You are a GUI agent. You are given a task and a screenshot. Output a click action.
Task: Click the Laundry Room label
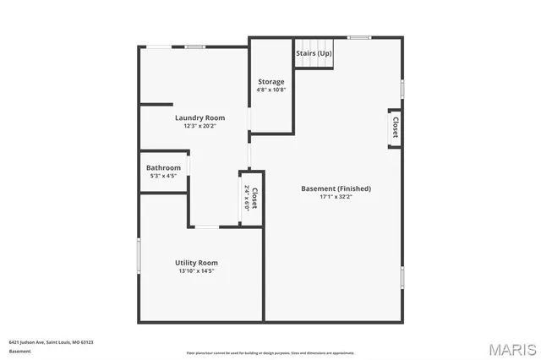[x=199, y=117]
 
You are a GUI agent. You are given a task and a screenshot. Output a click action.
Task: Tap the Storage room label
[x=271, y=82]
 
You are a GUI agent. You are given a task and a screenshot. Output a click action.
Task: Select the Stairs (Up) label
[x=314, y=52]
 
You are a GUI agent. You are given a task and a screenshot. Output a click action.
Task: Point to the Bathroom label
[x=163, y=167]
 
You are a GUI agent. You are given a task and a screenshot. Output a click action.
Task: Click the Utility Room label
[x=196, y=263]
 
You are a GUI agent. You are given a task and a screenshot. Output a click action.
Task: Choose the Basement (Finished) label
[x=336, y=188]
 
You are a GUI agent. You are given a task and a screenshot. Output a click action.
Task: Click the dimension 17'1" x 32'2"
[x=336, y=197]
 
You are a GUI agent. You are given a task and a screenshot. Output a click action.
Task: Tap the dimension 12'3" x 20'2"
[x=199, y=126]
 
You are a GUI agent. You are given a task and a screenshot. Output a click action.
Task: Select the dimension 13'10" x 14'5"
[x=196, y=271]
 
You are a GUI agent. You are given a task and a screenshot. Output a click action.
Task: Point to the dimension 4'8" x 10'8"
[x=271, y=90]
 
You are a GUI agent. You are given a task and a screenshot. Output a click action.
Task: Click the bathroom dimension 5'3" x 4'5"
[x=163, y=176]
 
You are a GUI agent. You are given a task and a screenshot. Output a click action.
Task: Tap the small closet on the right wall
[x=394, y=128]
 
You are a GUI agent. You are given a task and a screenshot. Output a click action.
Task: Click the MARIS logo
[x=512, y=349]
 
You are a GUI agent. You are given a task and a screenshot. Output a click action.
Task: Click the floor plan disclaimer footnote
[x=270, y=353]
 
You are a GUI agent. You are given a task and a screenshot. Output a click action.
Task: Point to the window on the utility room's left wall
[x=139, y=254]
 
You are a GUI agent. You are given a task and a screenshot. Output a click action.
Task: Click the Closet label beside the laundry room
[x=254, y=199]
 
